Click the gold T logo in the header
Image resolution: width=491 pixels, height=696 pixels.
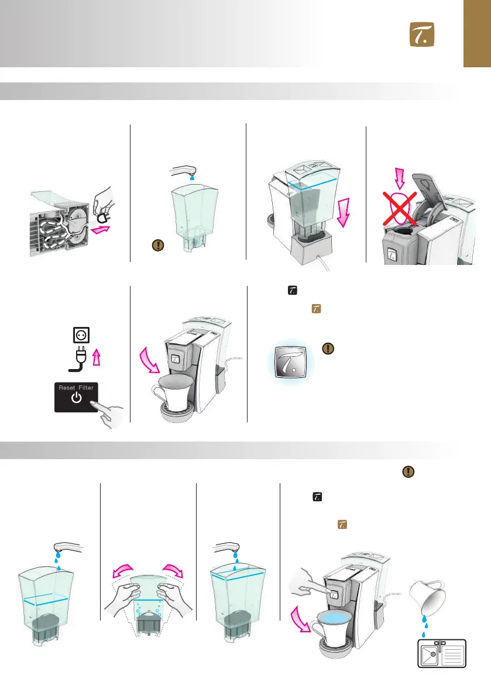click(x=422, y=35)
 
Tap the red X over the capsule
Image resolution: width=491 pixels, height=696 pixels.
click(x=400, y=208)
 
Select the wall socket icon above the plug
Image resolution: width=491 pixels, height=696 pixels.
click(x=81, y=335)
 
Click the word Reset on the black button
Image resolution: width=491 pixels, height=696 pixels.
click(x=67, y=388)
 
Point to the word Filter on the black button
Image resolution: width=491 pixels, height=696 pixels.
click(x=86, y=388)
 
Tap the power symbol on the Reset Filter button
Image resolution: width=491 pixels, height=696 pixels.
click(x=76, y=398)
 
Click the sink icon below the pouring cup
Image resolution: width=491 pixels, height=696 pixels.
click(x=442, y=653)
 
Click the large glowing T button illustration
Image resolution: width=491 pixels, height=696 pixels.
click(x=291, y=361)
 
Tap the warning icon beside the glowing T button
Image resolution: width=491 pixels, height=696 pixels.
click(x=328, y=349)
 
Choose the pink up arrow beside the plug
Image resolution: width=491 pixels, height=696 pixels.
click(x=97, y=357)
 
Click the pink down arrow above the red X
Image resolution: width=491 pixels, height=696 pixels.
click(x=400, y=178)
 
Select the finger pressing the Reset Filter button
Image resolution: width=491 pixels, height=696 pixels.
click(x=108, y=414)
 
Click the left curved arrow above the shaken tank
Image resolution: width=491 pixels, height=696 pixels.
click(x=123, y=570)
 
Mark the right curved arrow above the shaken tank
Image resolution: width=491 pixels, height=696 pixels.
click(x=172, y=570)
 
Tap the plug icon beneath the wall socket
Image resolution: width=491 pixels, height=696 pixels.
click(x=78, y=359)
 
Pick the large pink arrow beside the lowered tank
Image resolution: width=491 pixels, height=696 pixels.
click(x=343, y=212)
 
